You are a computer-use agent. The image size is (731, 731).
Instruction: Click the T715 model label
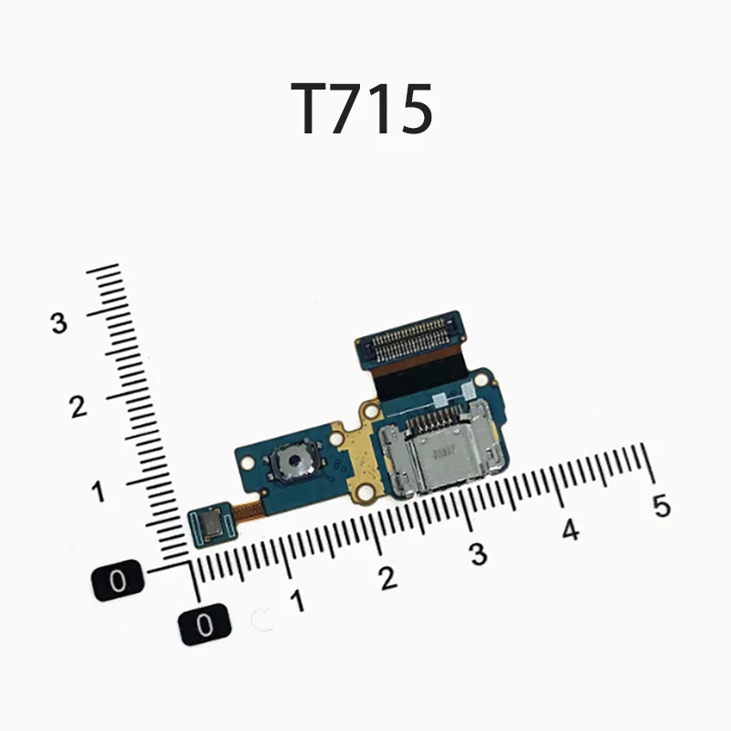click(x=362, y=109)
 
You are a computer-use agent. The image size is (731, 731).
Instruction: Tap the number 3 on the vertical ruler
click(x=58, y=323)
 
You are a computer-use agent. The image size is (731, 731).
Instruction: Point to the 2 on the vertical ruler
click(x=79, y=407)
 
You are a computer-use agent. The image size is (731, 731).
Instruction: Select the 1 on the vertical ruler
click(x=98, y=491)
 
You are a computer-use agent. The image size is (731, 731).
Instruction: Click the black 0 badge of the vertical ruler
click(x=118, y=580)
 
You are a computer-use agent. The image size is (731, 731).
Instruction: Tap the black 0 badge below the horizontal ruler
click(x=205, y=625)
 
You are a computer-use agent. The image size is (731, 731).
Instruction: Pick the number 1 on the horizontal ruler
click(x=297, y=601)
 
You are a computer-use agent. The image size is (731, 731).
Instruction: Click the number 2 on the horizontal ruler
click(x=387, y=578)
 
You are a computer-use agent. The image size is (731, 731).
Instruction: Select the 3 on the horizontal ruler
click(x=478, y=555)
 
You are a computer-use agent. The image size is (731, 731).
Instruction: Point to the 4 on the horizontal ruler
click(x=570, y=530)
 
